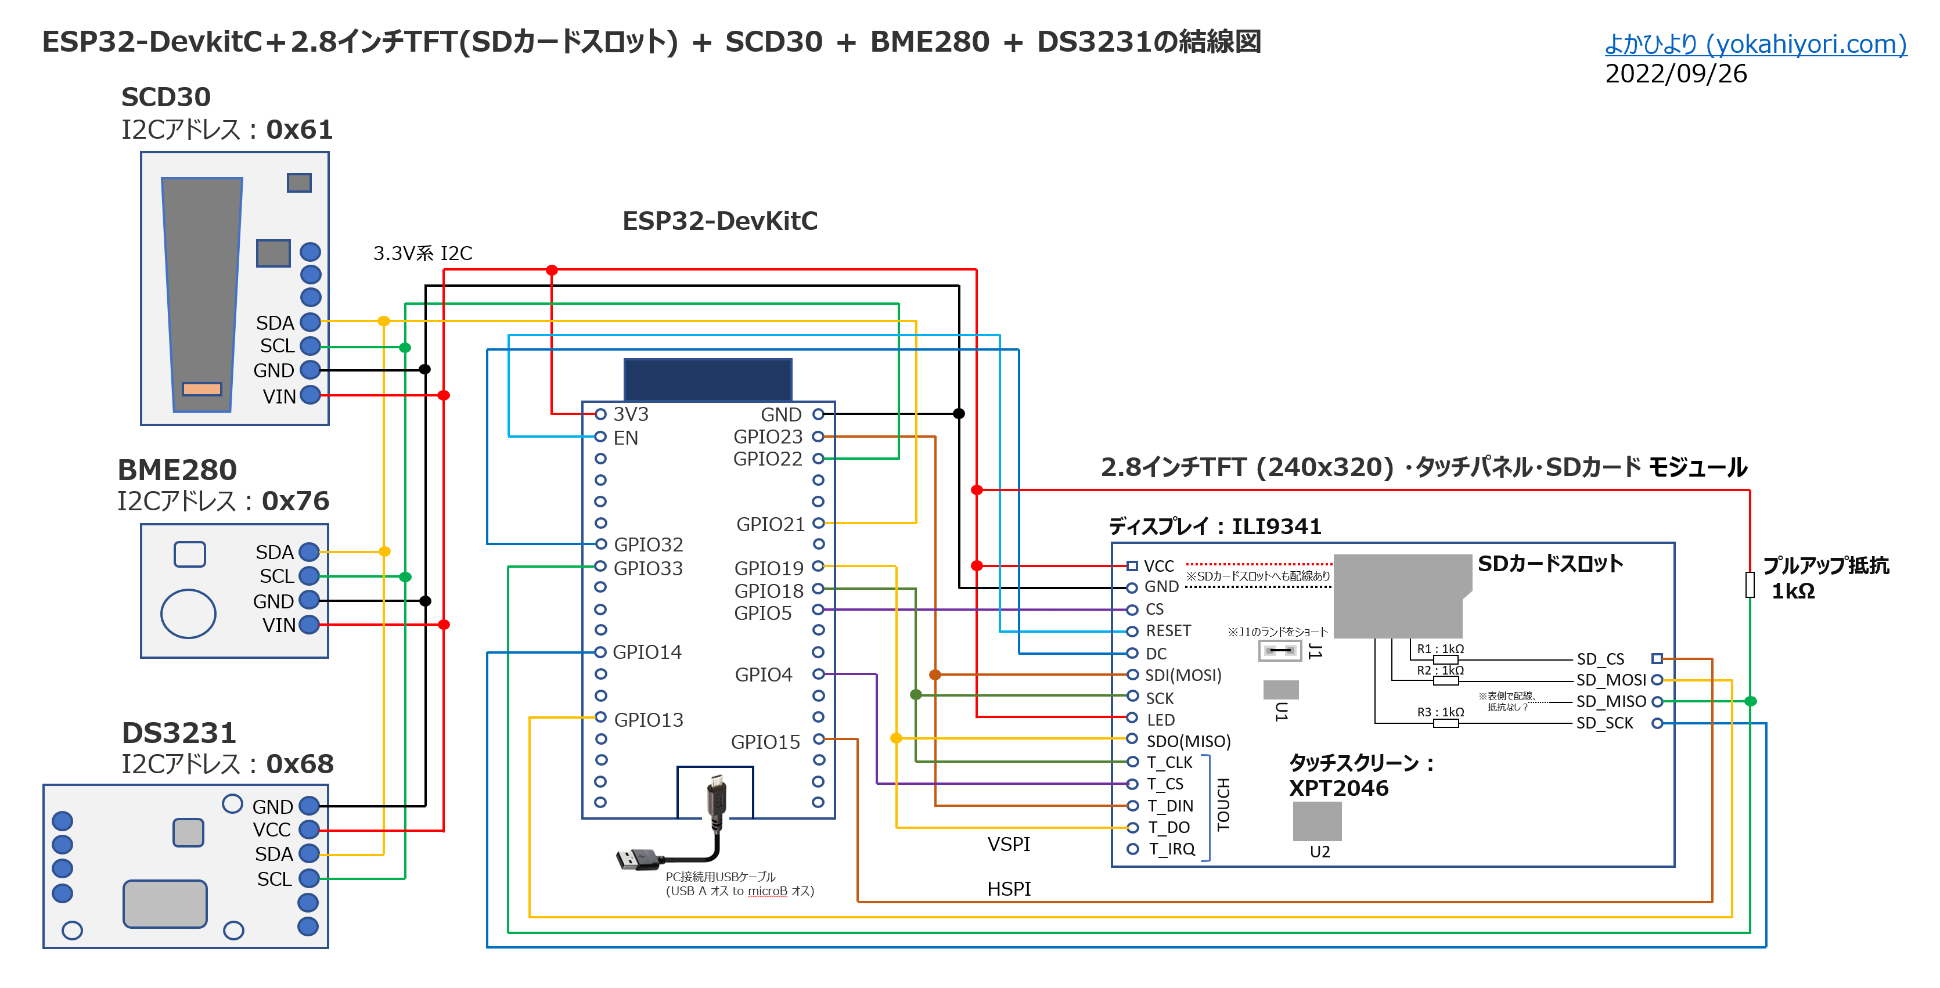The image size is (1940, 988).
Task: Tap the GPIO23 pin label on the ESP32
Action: click(768, 437)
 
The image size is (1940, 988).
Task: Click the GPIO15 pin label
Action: click(765, 742)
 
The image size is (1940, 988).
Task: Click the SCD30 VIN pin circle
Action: click(310, 395)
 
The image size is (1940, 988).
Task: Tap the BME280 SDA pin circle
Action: click(309, 552)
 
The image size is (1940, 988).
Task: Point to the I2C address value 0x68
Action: click(300, 765)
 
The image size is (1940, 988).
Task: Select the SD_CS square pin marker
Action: click(1657, 659)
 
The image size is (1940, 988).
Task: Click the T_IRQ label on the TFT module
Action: click(1172, 849)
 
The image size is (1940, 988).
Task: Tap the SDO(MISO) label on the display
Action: click(1189, 742)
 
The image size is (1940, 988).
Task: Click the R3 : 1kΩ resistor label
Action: click(1440, 712)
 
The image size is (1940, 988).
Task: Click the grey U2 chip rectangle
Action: click(1317, 821)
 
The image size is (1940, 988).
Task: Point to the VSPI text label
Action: click(1009, 844)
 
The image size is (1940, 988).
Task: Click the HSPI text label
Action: click(1009, 889)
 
